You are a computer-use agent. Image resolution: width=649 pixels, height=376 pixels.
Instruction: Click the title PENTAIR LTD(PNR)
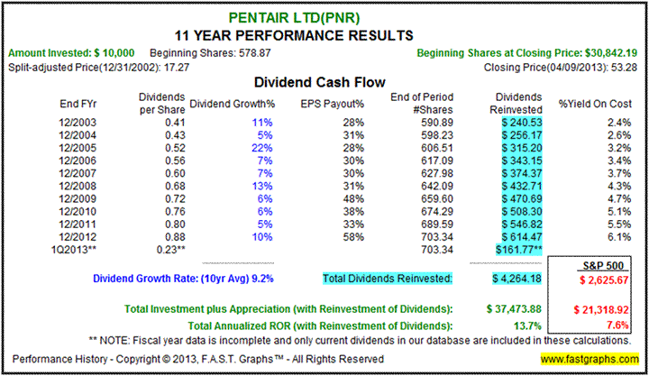[324, 16]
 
